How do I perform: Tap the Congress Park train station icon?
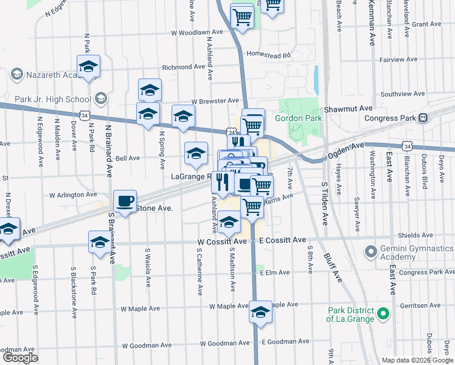[424, 117]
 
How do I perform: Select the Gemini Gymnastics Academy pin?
[370, 251]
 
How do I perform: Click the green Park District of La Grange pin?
[383, 315]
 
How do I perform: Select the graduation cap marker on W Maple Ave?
[261, 312]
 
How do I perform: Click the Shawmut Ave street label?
[348, 108]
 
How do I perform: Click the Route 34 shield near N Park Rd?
[82, 114]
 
